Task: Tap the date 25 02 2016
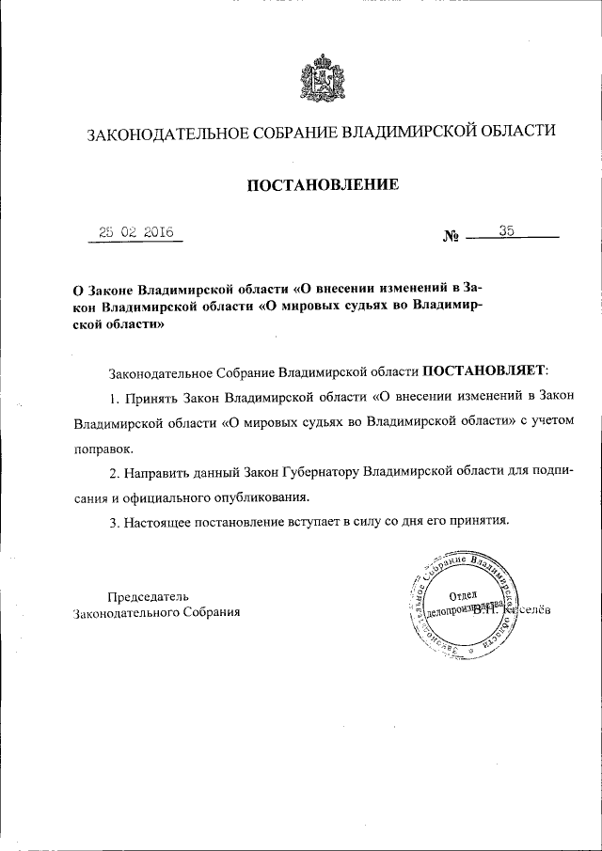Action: pyautogui.click(x=135, y=232)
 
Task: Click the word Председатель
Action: pyautogui.click(x=148, y=595)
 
